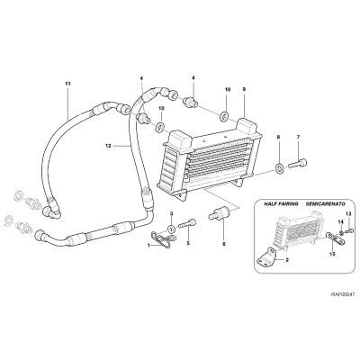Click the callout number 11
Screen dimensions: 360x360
(67, 84)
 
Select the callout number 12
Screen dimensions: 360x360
(108, 146)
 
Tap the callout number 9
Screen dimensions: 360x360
(244, 89)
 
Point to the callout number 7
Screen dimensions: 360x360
(298, 137)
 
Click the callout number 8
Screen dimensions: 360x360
(278, 137)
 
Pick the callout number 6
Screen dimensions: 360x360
(223, 245)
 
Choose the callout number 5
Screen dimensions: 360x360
(188, 243)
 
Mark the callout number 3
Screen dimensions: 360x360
(172, 213)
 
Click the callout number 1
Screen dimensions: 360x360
(148, 246)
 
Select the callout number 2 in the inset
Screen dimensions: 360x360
(287, 260)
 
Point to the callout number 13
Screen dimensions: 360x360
(348, 213)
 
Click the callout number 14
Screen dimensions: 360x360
(340, 221)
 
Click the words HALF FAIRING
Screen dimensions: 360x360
(281, 204)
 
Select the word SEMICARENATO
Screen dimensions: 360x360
(326, 204)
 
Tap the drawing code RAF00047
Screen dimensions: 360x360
(343, 294)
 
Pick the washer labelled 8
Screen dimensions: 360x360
(279, 167)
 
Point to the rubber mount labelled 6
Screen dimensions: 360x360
(219, 213)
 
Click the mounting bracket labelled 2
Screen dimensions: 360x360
(266, 256)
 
